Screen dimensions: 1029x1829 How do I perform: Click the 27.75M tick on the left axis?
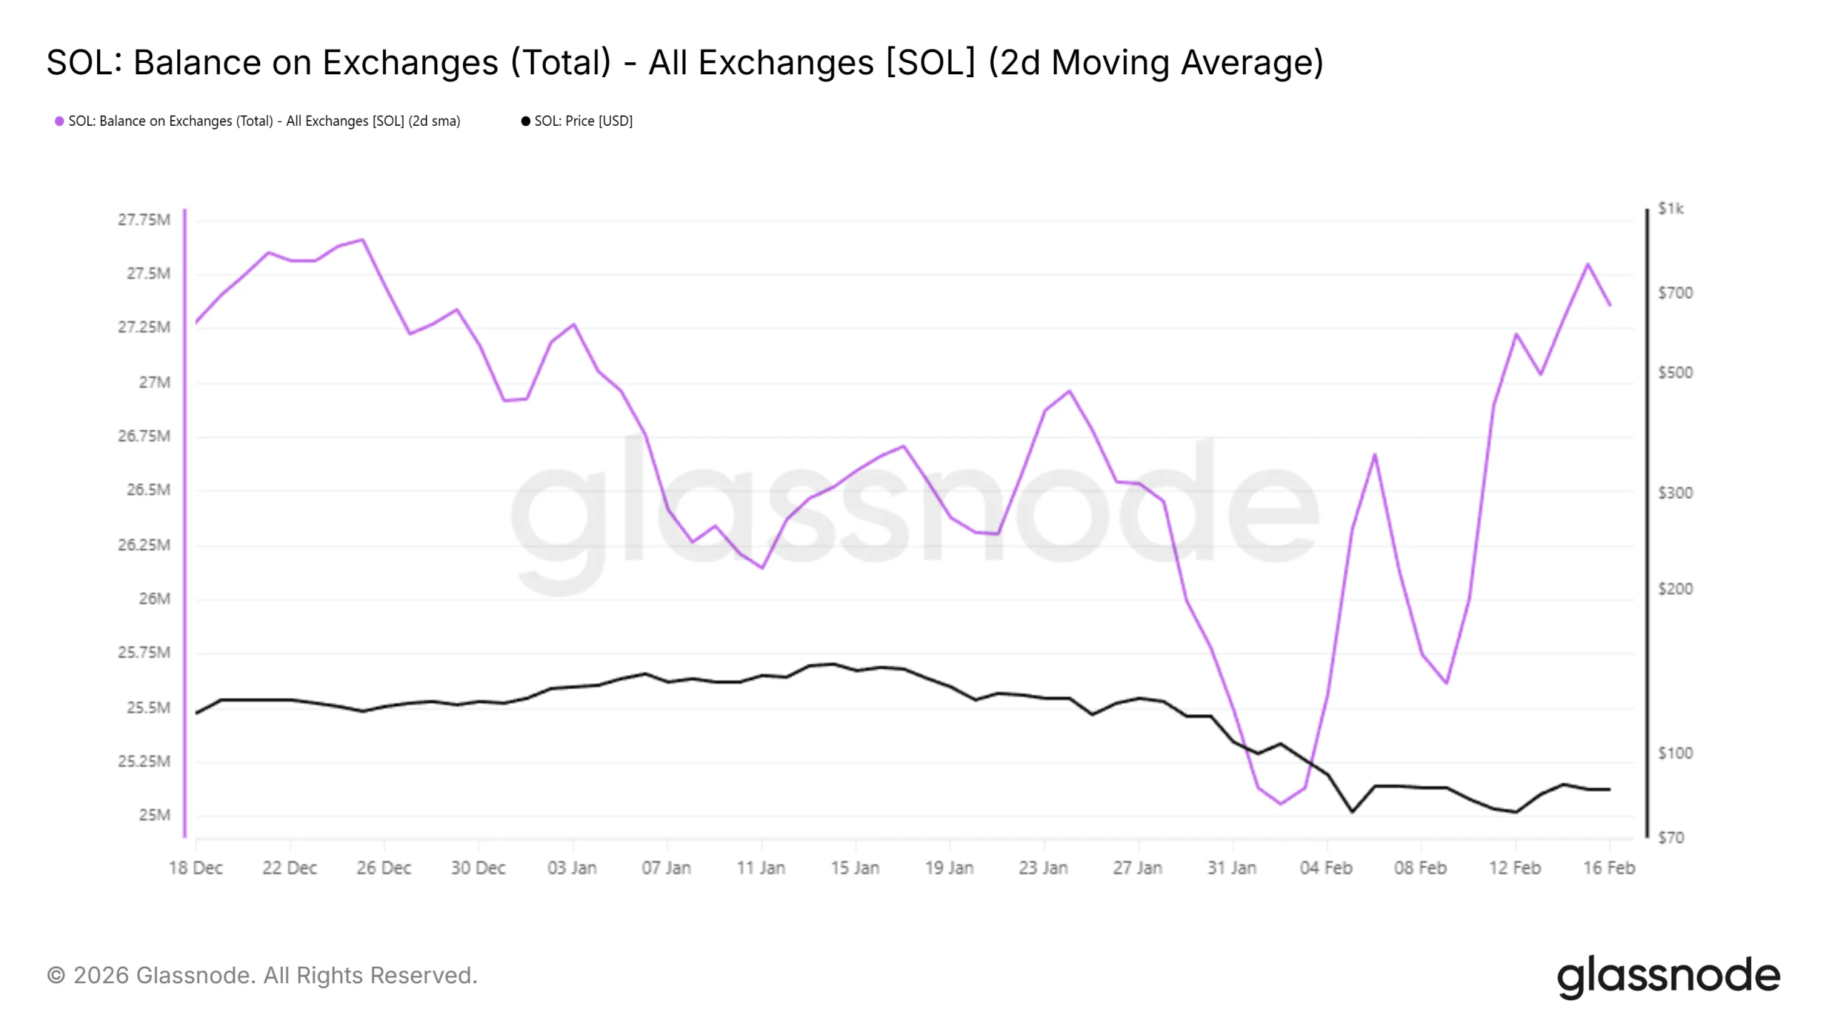(144, 220)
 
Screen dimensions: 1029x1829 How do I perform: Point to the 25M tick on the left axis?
(154, 815)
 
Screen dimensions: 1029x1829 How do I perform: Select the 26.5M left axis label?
(149, 490)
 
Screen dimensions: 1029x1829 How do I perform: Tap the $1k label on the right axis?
(1670, 209)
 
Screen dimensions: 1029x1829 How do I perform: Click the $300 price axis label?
(1675, 493)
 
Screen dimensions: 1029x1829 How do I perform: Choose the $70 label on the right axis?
(1670, 837)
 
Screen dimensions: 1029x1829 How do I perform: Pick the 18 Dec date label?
(196, 868)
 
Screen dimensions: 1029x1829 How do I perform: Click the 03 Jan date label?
(572, 868)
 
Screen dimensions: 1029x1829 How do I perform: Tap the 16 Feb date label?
(1609, 868)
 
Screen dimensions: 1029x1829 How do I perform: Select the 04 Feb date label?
(1326, 868)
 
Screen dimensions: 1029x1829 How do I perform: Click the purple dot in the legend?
(59, 121)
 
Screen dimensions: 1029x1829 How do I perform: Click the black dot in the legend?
(526, 121)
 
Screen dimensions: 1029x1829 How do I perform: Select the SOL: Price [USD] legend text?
(583, 121)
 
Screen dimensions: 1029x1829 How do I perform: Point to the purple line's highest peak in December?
(363, 239)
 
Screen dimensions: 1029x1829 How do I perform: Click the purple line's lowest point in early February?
(1280, 804)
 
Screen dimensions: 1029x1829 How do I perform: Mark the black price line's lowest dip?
(1352, 812)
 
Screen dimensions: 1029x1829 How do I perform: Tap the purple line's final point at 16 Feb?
(1610, 305)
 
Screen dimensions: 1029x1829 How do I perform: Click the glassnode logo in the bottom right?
(1668, 976)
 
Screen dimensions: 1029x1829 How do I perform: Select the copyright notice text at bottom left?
(261, 976)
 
